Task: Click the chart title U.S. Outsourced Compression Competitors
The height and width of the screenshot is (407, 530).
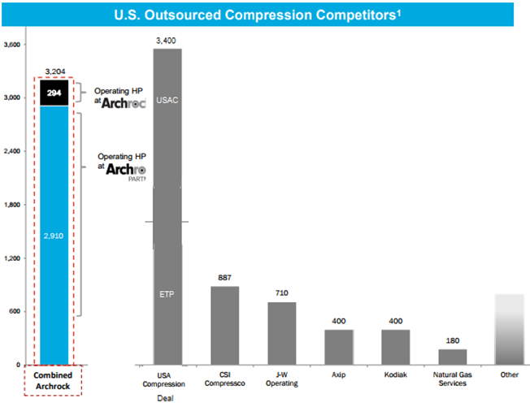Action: click(264, 15)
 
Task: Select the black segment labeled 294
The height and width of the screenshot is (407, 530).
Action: click(54, 93)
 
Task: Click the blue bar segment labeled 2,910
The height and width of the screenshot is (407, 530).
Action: click(54, 236)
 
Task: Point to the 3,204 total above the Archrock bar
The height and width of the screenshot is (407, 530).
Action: click(54, 72)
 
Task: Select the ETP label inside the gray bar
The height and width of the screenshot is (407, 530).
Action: click(167, 293)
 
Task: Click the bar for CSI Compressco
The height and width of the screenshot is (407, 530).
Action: click(225, 325)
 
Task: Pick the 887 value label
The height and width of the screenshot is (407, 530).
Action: click(225, 277)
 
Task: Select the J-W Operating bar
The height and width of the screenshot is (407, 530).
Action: click(282, 333)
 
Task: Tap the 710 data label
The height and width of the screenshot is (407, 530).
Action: click(282, 292)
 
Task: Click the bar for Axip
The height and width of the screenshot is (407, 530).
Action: click(339, 347)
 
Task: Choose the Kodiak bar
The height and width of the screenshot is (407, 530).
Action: click(396, 347)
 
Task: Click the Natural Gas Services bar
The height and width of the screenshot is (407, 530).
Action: click(453, 357)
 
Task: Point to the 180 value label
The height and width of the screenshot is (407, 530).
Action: click(453, 340)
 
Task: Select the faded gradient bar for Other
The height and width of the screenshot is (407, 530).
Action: click(510, 329)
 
